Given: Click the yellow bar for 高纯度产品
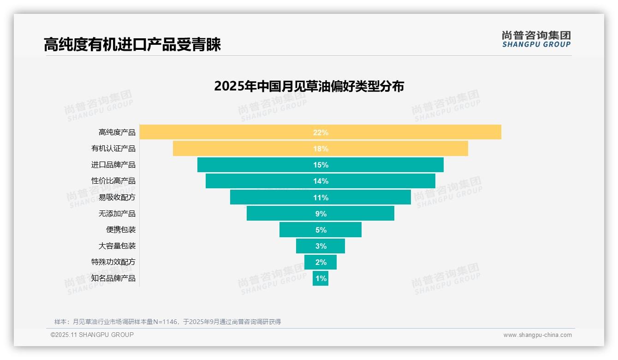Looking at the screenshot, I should click(x=231, y=132).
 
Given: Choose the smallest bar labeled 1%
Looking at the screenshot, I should click(x=321, y=278).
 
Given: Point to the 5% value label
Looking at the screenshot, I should click(x=321, y=230).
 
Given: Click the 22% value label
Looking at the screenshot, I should click(x=321, y=132).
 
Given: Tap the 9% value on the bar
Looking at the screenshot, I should click(x=321, y=214).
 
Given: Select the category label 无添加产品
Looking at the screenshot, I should click(x=117, y=214).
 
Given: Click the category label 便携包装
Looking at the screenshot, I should click(x=121, y=230).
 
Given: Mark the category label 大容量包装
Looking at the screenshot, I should click(x=117, y=246).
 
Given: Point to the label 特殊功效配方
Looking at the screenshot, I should click(x=113, y=262).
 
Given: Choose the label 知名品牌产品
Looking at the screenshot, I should click(x=113, y=278).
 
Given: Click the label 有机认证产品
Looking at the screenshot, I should click(x=113, y=149).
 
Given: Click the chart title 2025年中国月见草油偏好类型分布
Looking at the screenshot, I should click(x=309, y=86).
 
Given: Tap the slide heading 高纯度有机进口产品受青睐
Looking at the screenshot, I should click(x=132, y=44).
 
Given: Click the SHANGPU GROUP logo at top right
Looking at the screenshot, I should click(x=536, y=39).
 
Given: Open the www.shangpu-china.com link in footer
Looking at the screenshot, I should click(x=537, y=335).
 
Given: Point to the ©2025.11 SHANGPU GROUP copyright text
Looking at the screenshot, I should click(x=92, y=335).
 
